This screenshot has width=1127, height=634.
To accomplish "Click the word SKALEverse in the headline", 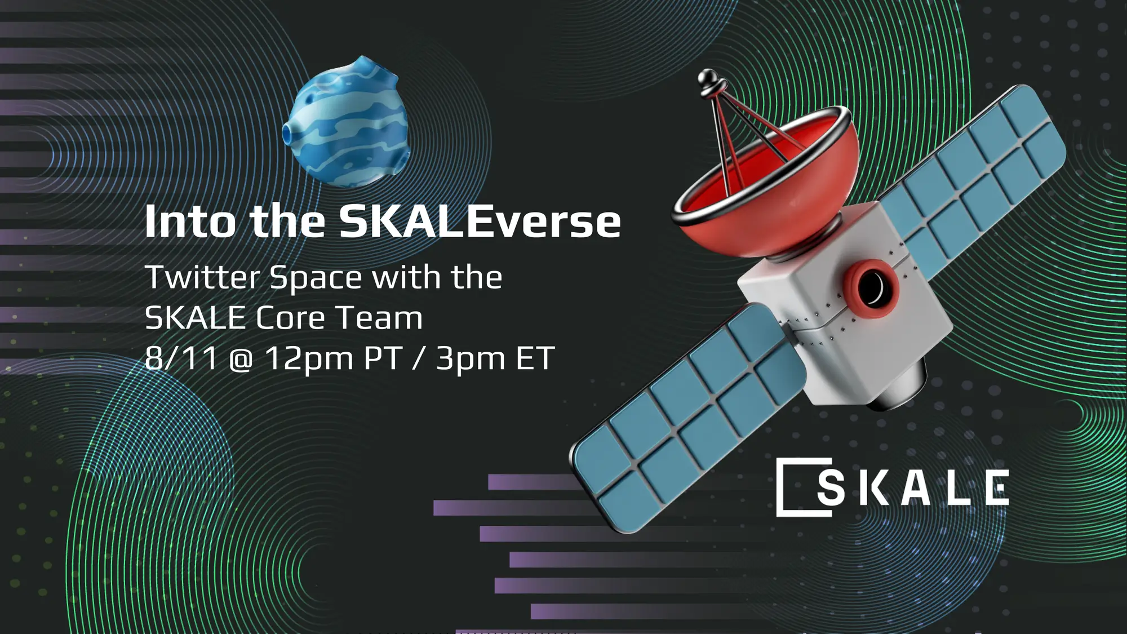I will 480,221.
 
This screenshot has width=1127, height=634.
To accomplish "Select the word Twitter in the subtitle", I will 202,277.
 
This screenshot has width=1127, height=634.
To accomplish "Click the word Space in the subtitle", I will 316,278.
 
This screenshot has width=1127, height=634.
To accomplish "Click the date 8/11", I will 181,358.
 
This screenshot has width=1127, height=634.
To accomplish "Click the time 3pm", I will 471,359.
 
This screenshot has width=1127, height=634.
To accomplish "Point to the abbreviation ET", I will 535,358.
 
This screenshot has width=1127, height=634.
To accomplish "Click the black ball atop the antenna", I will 708,78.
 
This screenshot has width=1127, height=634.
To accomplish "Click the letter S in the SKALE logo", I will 831,488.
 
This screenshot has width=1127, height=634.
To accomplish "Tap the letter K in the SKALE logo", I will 871,488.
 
